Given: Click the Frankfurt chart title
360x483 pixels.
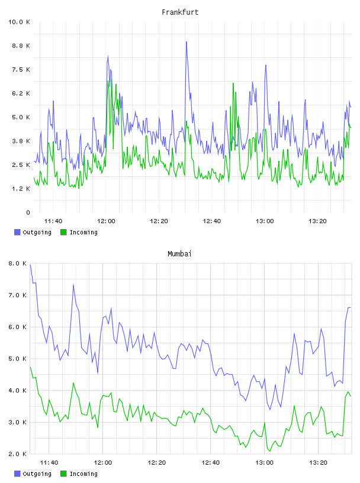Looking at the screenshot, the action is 180,12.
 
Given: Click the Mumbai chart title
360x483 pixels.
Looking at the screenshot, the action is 179,253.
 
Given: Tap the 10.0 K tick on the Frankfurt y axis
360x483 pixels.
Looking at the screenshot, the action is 19,22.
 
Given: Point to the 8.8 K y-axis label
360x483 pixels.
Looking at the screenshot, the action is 21,46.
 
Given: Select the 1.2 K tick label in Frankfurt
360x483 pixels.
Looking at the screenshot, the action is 21,188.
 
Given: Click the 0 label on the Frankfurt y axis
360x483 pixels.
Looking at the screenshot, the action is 28,212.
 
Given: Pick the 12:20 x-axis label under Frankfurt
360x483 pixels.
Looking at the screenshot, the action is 159,221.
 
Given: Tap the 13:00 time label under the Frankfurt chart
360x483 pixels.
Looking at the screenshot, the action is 265,221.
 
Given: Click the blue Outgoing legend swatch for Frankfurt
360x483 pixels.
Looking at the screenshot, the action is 17,232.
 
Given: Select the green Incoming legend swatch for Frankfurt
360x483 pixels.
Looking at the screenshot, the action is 63,232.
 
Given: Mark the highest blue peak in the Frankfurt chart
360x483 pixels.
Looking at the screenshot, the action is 187,42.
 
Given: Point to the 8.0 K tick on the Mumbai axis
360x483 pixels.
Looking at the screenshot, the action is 17,263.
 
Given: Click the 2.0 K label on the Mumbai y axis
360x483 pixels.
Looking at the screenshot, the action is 17,454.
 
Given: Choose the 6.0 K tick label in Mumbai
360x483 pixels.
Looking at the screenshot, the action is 17,327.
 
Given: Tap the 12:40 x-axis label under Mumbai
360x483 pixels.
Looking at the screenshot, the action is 211,462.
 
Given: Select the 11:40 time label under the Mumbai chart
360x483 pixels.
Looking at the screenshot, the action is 49,462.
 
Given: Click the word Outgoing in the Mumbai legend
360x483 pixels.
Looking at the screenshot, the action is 37,474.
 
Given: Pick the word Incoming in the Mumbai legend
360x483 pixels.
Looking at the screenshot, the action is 83,474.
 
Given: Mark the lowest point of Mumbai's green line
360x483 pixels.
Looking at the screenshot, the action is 270,451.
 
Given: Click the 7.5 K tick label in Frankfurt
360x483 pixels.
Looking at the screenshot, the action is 21,69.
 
